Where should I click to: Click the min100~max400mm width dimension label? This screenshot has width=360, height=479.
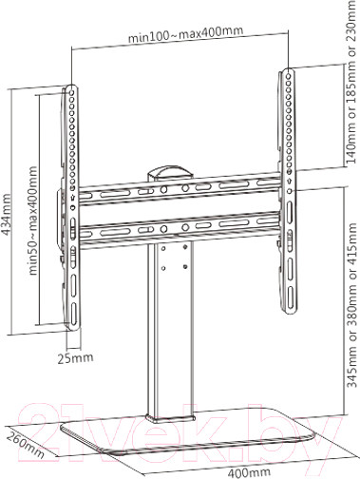click(x=185, y=34)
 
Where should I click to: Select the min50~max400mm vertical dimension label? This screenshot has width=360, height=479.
click(x=32, y=220)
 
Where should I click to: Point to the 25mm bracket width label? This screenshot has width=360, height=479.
click(x=75, y=357)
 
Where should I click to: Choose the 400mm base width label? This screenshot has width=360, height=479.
click(x=249, y=472)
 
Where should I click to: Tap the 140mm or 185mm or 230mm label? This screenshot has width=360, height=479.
click(x=352, y=83)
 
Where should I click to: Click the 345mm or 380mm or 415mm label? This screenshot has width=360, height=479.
click(x=352, y=305)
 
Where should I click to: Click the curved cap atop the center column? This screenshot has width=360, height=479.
click(x=170, y=172)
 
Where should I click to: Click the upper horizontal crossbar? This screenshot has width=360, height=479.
click(x=180, y=188)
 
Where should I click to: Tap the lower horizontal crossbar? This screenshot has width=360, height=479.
click(x=180, y=229)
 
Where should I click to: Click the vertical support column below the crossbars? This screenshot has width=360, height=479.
click(x=170, y=330)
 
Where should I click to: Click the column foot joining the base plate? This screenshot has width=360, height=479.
click(x=170, y=418)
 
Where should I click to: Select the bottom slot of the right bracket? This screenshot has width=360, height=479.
click(x=291, y=297)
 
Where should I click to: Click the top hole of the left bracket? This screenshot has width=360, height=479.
click(x=72, y=93)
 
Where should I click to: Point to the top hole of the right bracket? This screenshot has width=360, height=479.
click(x=289, y=76)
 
